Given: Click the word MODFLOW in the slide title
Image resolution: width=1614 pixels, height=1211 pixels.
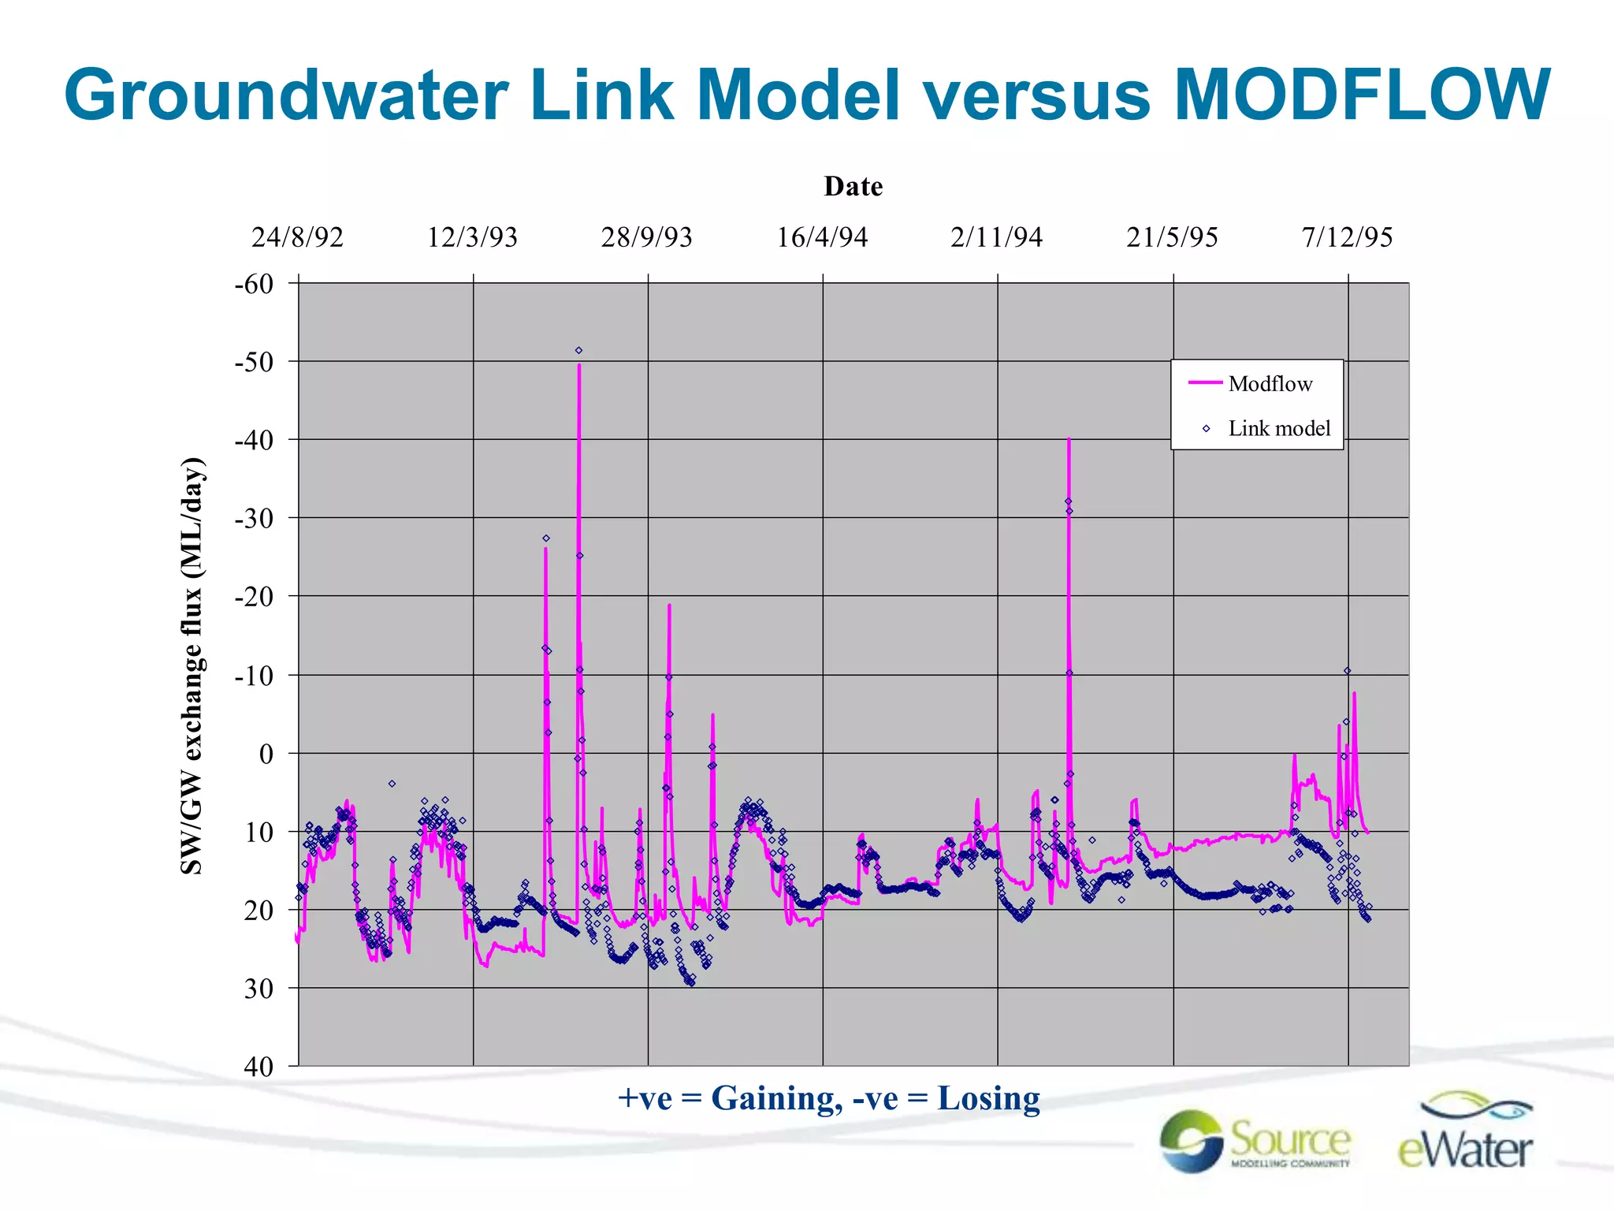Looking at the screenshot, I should click(x=1362, y=95).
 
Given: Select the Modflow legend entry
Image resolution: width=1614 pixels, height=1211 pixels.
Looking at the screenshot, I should click(x=1269, y=384).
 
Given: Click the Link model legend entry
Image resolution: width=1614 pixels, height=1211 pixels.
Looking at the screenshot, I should click(x=1278, y=429).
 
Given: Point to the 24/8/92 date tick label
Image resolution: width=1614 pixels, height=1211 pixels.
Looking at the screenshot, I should click(x=297, y=237).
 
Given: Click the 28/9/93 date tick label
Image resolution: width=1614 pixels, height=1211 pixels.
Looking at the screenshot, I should click(x=646, y=237).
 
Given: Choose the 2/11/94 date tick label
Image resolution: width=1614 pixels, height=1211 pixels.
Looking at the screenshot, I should click(x=996, y=237).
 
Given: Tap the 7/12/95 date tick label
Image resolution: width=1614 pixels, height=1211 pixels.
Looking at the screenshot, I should click(x=1347, y=237).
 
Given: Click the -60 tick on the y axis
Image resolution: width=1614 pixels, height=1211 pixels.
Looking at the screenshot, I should click(x=254, y=284).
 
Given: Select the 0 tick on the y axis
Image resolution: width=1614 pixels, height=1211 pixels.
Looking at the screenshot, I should click(x=266, y=754).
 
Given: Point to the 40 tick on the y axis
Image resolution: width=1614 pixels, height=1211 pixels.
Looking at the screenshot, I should click(x=258, y=1067).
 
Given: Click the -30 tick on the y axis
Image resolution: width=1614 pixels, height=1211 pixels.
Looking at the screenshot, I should click(x=254, y=519).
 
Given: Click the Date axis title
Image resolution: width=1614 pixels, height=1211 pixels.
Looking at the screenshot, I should click(x=853, y=187).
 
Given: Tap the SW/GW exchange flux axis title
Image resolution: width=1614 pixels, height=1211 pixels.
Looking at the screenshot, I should click(x=192, y=666).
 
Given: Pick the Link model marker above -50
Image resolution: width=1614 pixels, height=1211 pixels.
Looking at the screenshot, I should click(x=578, y=350).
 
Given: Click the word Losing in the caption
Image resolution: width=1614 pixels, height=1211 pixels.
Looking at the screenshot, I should click(x=988, y=1098).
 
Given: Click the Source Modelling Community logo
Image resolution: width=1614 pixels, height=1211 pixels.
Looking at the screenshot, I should click(x=1255, y=1141).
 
